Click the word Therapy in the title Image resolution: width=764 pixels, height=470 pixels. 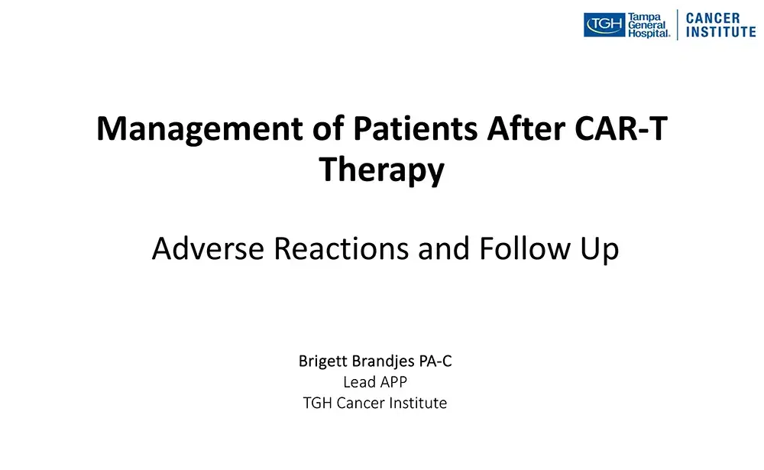pos(381,170)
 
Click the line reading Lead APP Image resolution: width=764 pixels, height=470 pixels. pos(374,382)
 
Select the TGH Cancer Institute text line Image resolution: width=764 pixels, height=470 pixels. pos(374,403)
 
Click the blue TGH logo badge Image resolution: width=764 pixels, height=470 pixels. pos(604,25)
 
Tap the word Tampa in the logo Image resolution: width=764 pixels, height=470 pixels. pos(645,17)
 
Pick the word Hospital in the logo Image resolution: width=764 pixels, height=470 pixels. pos(649,34)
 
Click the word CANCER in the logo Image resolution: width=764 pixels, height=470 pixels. pos(713,18)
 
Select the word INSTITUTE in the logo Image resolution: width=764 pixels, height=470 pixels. pos(720,33)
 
